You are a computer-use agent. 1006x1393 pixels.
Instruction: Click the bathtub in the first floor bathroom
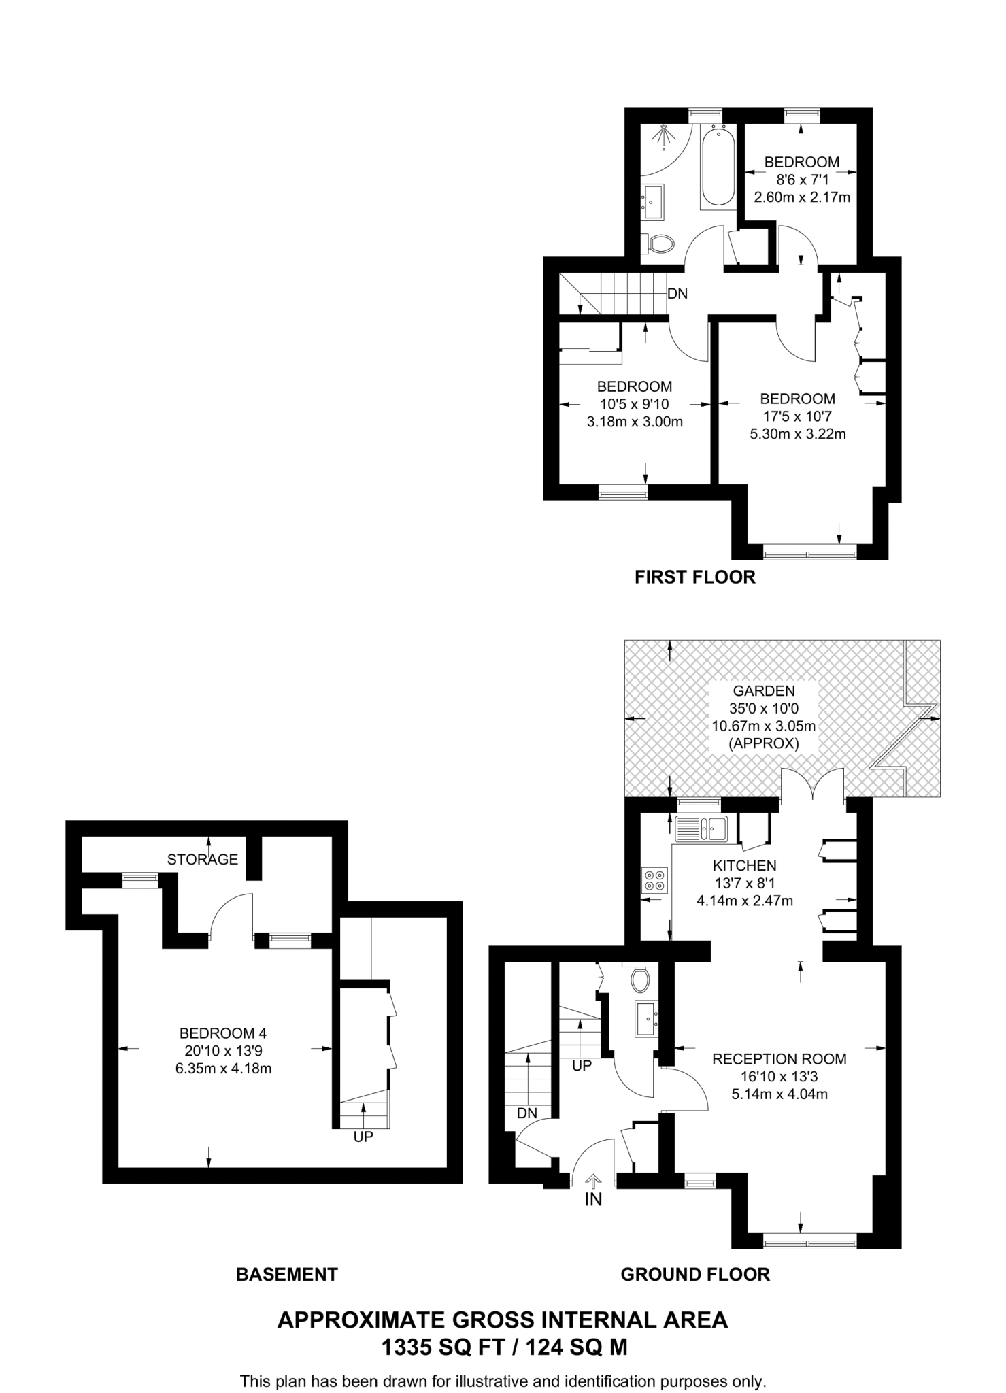718,165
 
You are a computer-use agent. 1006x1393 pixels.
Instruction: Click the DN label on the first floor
677,294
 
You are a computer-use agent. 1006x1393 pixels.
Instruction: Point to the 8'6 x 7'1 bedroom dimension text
801,180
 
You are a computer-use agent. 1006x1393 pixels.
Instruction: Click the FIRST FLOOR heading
694,577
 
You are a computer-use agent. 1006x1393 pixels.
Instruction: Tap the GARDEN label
764,690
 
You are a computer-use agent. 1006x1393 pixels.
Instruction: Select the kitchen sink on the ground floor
702,828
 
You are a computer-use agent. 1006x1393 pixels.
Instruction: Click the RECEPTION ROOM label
779,1059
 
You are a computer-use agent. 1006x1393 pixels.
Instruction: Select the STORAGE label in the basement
203,860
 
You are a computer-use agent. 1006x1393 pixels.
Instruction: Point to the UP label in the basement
363,1137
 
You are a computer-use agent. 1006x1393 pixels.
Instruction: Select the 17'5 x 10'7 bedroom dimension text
797,416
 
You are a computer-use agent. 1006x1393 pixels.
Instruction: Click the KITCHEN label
744,866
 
